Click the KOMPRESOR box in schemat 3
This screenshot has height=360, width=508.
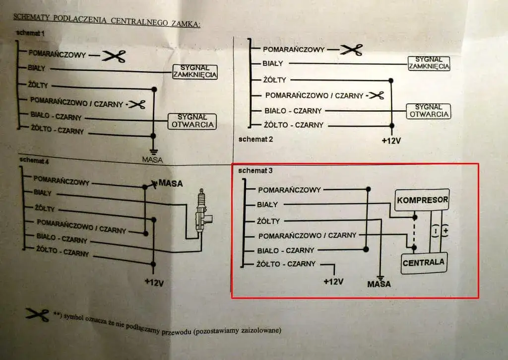(422, 200)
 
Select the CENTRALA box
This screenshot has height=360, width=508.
(423, 262)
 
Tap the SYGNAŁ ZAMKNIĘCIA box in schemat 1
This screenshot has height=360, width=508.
(195, 72)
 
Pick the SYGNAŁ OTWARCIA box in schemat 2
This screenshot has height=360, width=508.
(428, 111)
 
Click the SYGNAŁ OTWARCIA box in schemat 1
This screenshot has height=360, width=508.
(192, 121)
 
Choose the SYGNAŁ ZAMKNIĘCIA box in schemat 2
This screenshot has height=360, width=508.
(428, 63)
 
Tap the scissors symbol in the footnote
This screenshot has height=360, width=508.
(37, 314)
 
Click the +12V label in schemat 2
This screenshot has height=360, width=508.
(391, 140)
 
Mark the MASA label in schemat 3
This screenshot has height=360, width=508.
(379, 284)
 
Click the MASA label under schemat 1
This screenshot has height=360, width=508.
(152, 159)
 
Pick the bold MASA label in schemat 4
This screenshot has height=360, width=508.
(170, 184)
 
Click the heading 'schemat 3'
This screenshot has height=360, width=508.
(255, 171)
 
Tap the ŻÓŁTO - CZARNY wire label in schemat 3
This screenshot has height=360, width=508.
(286, 264)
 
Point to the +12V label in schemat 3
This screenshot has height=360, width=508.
(333, 282)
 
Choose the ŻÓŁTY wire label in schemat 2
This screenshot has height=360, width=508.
(275, 80)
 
